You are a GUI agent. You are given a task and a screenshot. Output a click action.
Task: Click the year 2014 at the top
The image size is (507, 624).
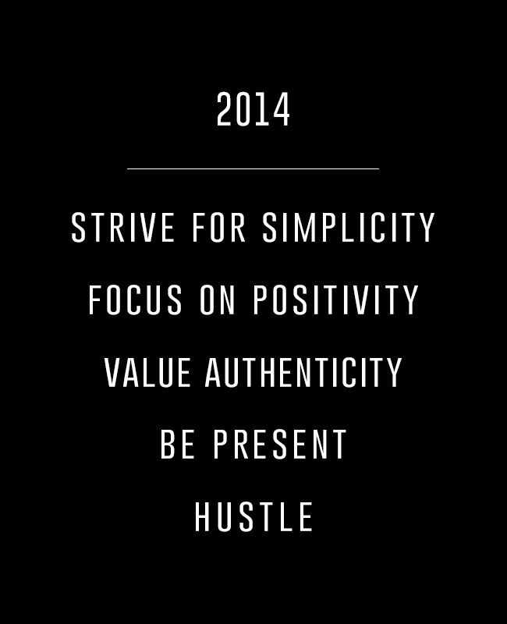(253, 109)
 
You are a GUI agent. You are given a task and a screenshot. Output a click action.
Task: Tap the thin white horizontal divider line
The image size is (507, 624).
(253, 168)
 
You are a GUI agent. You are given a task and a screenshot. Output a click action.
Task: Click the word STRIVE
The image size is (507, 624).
(122, 227)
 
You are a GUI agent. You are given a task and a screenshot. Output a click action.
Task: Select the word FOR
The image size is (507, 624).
(218, 227)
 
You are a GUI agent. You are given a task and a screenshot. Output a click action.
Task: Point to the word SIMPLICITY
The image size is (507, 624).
(349, 227)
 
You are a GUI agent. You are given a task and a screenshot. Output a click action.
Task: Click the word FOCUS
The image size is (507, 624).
(135, 300)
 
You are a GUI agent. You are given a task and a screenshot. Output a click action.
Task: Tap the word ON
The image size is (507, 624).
(218, 300)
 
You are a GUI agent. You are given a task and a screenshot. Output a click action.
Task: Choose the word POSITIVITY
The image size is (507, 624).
(336, 300)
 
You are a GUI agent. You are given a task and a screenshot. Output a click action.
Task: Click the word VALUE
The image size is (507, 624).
(147, 372)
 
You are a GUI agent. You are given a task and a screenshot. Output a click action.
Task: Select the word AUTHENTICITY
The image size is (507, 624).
(303, 372)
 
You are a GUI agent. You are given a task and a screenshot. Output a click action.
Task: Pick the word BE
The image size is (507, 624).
(178, 444)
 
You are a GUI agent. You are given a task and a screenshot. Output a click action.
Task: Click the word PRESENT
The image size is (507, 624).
(280, 444)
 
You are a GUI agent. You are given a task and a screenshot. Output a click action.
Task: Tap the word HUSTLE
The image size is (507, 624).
(253, 516)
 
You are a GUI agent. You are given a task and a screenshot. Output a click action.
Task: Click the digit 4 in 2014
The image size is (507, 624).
(282, 109)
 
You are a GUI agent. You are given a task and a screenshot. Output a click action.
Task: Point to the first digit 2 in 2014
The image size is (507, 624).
(225, 109)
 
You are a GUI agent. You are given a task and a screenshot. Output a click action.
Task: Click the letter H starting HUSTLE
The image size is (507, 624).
(202, 516)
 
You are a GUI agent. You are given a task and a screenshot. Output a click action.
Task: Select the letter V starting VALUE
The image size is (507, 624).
(112, 372)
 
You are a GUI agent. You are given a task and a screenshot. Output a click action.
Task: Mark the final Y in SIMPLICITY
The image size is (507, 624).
(427, 227)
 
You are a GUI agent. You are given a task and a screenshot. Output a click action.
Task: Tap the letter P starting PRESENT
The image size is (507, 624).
(221, 444)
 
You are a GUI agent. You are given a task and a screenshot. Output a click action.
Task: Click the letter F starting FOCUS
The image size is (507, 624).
(94, 300)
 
